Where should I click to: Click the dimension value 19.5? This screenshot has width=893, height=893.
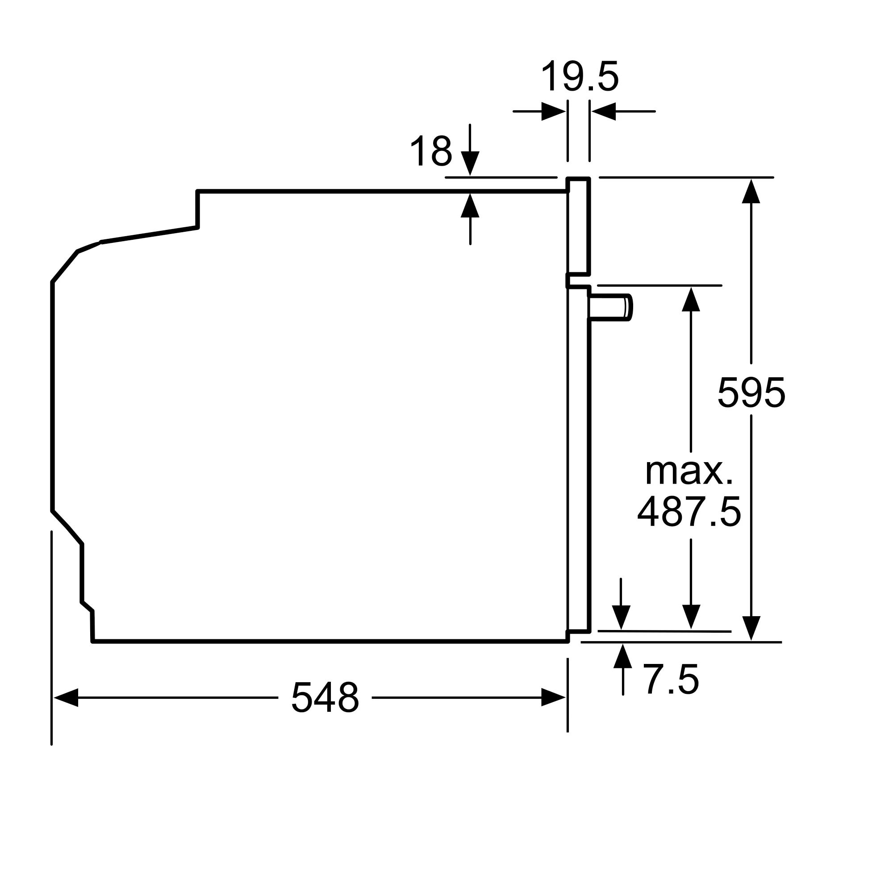(x=580, y=77)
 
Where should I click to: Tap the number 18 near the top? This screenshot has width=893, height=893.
(x=431, y=150)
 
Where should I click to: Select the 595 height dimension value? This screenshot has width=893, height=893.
(x=751, y=392)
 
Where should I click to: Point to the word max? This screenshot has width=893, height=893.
(x=689, y=472)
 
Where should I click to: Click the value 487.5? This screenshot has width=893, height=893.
(x=689, y=512)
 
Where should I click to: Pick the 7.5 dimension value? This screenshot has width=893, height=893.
(x=671, y=679)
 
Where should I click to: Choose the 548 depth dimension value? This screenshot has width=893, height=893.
(x=325, y=697)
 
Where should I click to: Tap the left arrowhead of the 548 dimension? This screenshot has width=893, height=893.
(x=66, y=697)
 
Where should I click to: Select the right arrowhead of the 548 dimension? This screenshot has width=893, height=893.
(x=553, y=697)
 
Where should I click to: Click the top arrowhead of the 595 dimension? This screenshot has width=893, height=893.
(x=751, y=191)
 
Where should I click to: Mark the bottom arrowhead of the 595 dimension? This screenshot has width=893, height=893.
(x=751, y=628)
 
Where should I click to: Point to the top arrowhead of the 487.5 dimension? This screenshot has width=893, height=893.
(x=691, y=299)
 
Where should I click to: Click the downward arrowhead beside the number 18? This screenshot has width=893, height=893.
(x=470, y=163)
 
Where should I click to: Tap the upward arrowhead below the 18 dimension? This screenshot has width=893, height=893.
(x=470, y=205)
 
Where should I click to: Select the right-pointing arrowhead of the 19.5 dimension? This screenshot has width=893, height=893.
(x=554, y=111)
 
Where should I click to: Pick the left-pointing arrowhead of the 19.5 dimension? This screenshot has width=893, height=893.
(x=603, y=111)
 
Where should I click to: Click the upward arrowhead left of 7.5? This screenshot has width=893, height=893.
(x=623, y=655)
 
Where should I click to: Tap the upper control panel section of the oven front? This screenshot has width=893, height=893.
(x=579, y=226)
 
